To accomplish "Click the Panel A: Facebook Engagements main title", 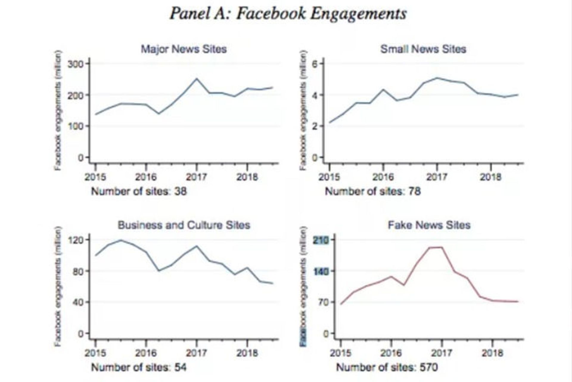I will tap(288, 14).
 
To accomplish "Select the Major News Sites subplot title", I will tap(184, 49).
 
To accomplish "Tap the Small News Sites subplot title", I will tap(423, 49).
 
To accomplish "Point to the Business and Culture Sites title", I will tap(184, 225).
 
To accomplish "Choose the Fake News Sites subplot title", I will tap(429, 225).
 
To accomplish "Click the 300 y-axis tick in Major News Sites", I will tap(75, 64).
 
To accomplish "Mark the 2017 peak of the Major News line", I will tap(196, 78).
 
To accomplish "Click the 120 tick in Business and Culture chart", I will tap(75, 240).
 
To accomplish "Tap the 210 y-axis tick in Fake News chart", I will tap(320, 240).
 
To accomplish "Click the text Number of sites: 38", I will tap(139, 191).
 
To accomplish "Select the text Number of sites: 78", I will tap(373, 191).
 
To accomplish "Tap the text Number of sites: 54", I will tap(139, 367).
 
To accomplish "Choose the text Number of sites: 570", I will tap(387, 367).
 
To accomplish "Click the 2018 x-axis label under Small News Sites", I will tap(490, 177).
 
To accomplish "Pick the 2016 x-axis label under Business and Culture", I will tap(146, 353).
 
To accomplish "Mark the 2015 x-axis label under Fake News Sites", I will tap(341, 353).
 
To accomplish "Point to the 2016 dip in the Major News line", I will tap(158, 113).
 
